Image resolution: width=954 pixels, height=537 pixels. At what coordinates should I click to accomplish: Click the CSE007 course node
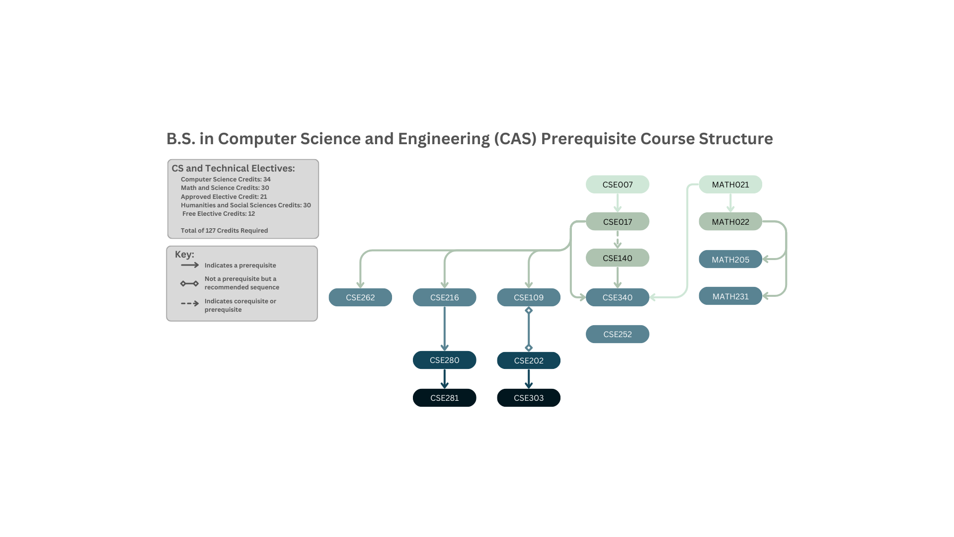tap(617, 184)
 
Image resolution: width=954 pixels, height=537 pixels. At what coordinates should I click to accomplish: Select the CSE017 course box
tap(617, 222)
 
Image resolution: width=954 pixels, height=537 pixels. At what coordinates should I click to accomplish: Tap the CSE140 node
tap(617, 258)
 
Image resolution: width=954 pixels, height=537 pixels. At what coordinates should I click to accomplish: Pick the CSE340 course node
tap(617, 297)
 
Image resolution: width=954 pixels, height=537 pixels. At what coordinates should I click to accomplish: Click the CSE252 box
tap(617, 334)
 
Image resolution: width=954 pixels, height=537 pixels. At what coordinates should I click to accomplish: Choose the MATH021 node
tap(730, 184)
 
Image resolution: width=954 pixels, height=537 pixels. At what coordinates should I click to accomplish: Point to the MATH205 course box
tap(730, 260)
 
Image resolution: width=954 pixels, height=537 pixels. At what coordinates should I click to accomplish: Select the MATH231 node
tap(730, 296)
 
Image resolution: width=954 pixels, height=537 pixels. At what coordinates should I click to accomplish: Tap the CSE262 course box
tap(360, 297)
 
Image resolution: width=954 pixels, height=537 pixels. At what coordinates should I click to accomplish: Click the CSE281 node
tap(444, 398)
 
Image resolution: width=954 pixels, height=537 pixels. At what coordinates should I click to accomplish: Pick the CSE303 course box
tap(528, 398)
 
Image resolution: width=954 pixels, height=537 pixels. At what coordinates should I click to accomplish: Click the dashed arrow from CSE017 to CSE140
tap(617, 239)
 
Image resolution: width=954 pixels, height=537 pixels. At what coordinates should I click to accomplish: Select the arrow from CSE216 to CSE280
tap(444, 328)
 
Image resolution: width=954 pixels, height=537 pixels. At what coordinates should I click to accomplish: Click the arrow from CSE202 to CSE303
tap(529, 379)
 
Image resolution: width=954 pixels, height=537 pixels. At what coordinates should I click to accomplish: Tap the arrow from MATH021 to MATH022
tap(730, 203)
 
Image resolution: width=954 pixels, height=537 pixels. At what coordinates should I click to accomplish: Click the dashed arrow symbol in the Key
tap(189, 303)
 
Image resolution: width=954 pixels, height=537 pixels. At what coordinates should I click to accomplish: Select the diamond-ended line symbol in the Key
tap(189, 283)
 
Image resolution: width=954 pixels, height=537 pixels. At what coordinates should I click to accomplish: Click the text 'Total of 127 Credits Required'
tap(224, 231)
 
